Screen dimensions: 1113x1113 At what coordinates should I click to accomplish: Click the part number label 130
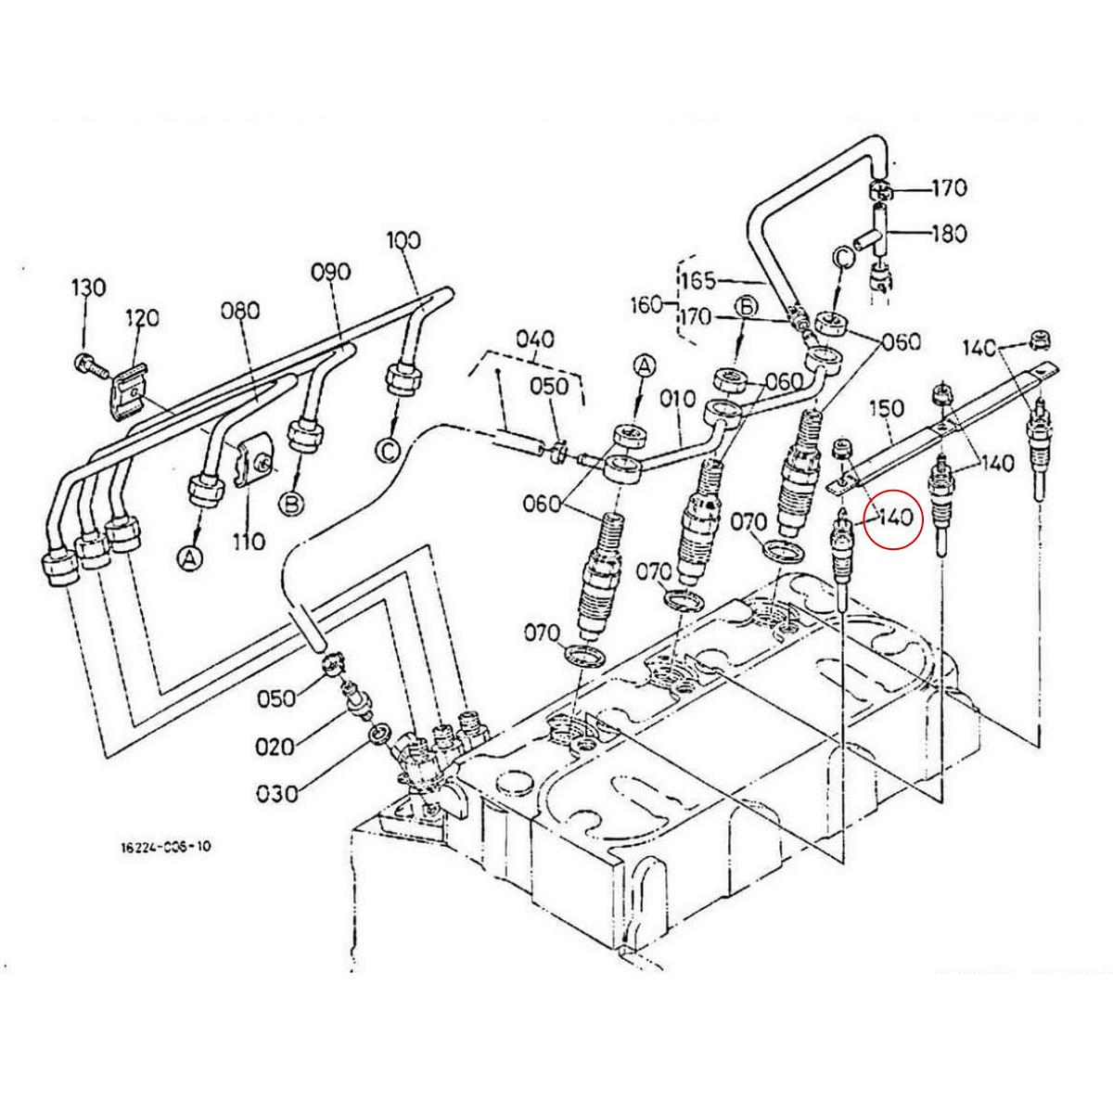pyautogui.click(x=89, y=287)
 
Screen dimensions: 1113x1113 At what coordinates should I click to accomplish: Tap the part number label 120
pyautogui.click(x=142, y=318)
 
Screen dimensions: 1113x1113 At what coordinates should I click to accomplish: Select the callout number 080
pyautogui.click(x=239, y=310)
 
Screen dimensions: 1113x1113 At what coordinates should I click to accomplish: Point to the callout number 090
pyautogui.click(x=331, y=272)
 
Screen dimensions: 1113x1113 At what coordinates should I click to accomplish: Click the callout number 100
pyautogui.click(x=404, y=241)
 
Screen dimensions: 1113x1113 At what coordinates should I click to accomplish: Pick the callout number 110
pyautogui.click(x=249, y=540)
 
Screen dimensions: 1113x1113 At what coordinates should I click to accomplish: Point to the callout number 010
pyautogui.click(x=678, y=399)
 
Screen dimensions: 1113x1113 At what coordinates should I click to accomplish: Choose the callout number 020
pyautogui.click(x=276, y=746)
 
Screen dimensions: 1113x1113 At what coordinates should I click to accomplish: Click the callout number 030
pyautogui.click(x=278, y=794)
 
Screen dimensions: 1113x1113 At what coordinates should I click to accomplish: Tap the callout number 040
pyautogui.click(x=535, y=339)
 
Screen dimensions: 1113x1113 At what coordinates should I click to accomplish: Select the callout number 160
pyautogui.click(x=646, y=303)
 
